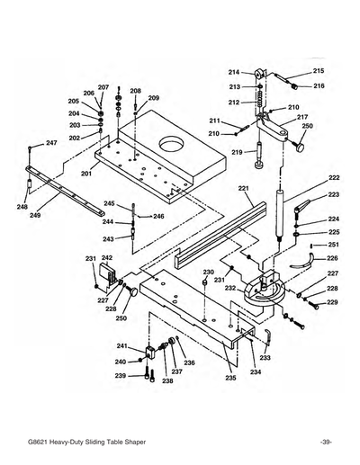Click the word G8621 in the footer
click(40, 443)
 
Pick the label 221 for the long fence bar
click(243, 189)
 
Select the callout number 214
click(233, 72)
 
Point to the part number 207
click(103, 87)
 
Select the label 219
click(236, 153)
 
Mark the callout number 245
click(109, 203)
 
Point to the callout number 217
click(302, 117)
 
